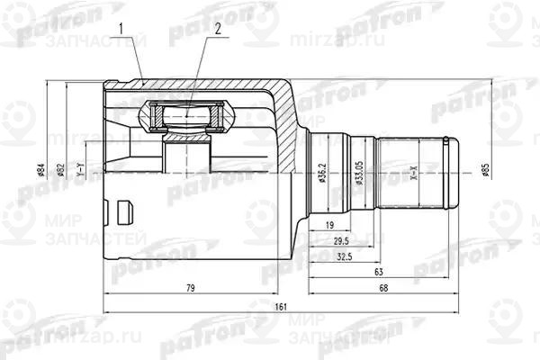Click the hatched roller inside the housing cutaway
[x=186, y=114]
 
